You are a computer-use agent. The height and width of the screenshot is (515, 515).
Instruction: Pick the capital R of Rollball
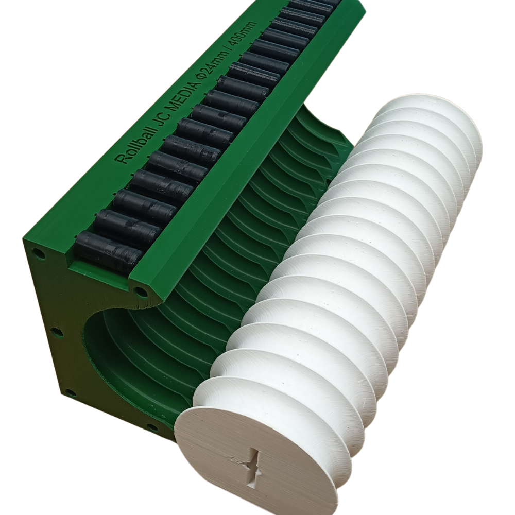click(122, 159)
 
